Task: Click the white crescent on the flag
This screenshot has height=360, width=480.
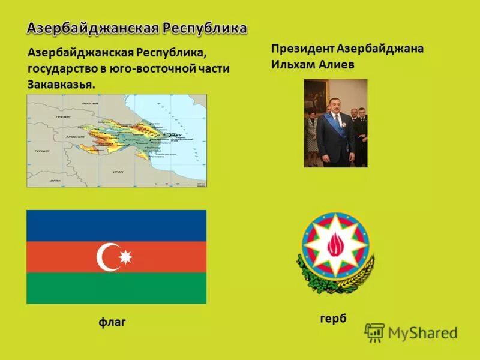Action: [x=106, y=257]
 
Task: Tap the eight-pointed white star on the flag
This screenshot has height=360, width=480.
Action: [x=125, y=257]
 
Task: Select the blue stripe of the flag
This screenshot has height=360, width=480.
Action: [x=116, y=226]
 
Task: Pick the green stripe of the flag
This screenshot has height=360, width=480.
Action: [x=116, y=288]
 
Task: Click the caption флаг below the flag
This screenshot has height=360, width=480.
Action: [x=112, y=323]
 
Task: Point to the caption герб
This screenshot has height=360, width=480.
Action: [x=334, y=319]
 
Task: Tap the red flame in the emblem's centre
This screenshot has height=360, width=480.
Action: [x=335, y=243]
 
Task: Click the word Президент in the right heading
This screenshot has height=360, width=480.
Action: [x=302, y=48]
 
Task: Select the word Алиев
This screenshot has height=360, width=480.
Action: [x=339, y=64]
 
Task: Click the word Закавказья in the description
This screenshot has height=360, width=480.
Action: [x=61, y=84]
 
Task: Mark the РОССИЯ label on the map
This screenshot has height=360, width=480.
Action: [x=90, y=103]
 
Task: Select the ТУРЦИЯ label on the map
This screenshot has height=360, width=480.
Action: [x=42, y=151]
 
